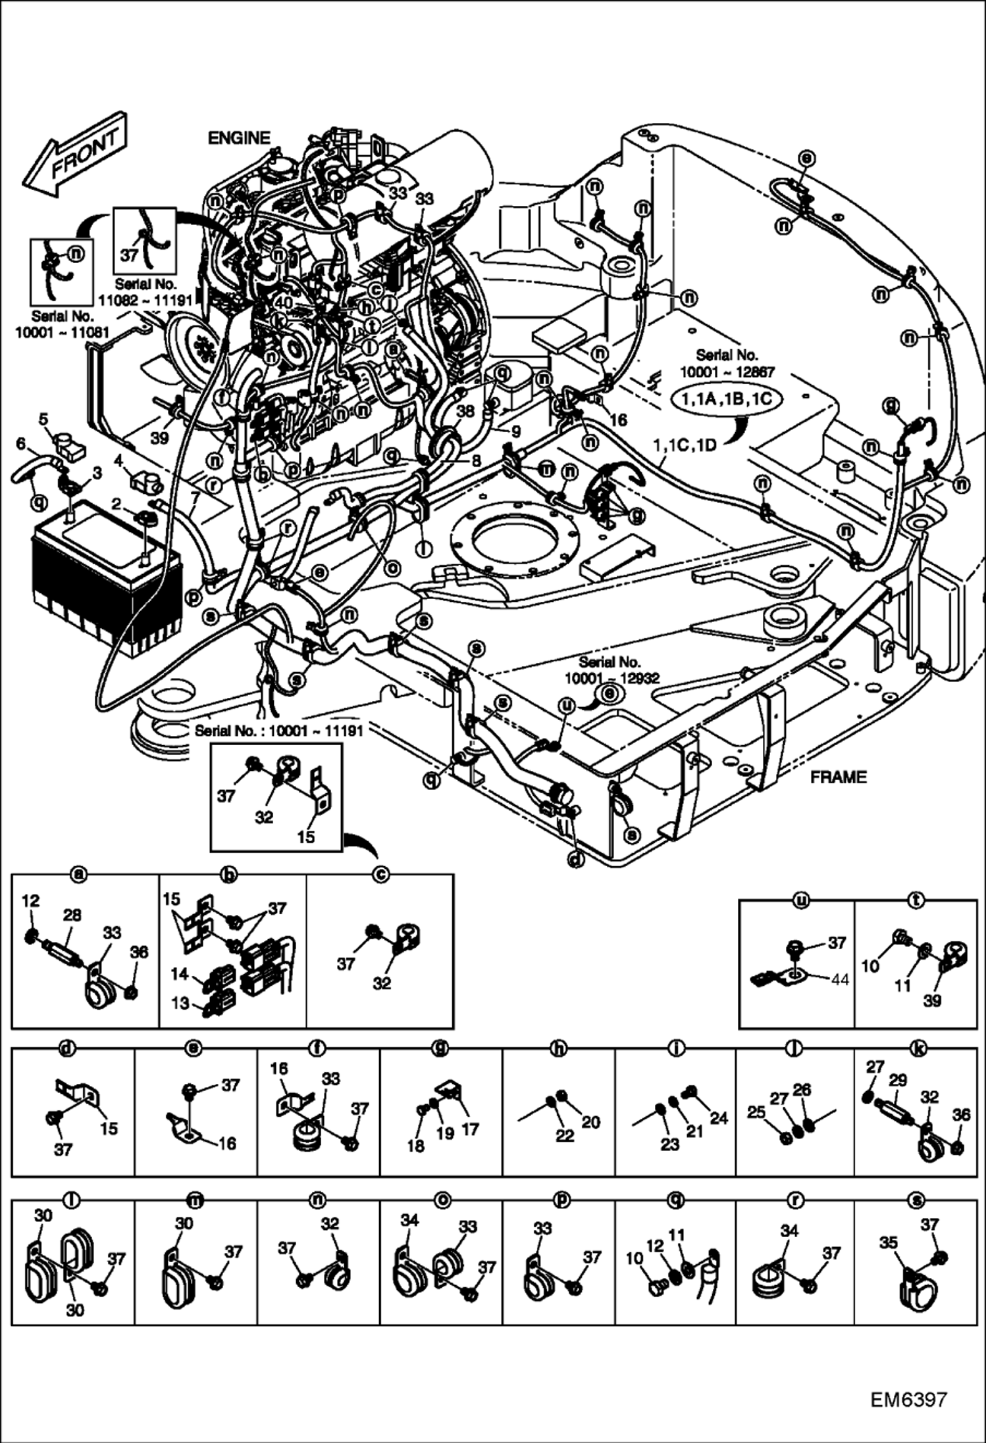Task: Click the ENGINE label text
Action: [239, 138]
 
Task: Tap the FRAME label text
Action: [838, 777]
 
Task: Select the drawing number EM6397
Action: [908, 1400]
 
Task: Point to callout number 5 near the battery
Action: [43, 419]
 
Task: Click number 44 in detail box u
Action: [840, 980]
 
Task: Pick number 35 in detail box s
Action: [889, 1243]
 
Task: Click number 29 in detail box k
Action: [897, 1080]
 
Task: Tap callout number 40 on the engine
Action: [283, 303]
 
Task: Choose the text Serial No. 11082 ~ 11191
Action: [145, 292]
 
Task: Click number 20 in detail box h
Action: [590, 1122]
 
